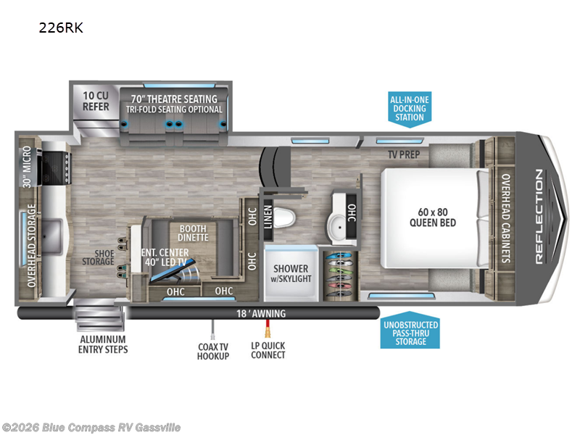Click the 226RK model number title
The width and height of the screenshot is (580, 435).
pos(61,28)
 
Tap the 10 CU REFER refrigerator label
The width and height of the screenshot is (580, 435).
pos(96,101)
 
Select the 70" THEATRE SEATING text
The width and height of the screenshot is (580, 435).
pos(174,99)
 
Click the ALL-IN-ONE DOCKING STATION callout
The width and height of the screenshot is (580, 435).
pos(410,108)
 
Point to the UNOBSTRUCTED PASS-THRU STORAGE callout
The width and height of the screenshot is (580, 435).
pos(410,333)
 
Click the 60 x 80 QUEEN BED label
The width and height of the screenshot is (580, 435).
pos(432,217)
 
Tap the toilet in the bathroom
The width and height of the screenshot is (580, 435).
pos(284,217)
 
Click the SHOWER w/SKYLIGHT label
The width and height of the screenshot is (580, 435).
pos(291,273)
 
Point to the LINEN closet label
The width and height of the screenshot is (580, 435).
pos(268,217)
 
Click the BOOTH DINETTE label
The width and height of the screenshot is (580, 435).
pos(193,233)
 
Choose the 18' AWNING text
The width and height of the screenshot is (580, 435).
pos(261,314)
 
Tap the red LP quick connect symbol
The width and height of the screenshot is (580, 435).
pos(267,328)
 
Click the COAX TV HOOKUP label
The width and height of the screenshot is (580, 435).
pos(213,352)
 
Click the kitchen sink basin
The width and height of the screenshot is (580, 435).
pos(52,237)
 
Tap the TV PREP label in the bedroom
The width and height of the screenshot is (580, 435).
pos(404,154)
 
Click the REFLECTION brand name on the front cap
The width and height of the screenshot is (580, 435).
pos(539,217)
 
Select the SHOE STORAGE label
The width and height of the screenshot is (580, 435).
pos(98,257)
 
